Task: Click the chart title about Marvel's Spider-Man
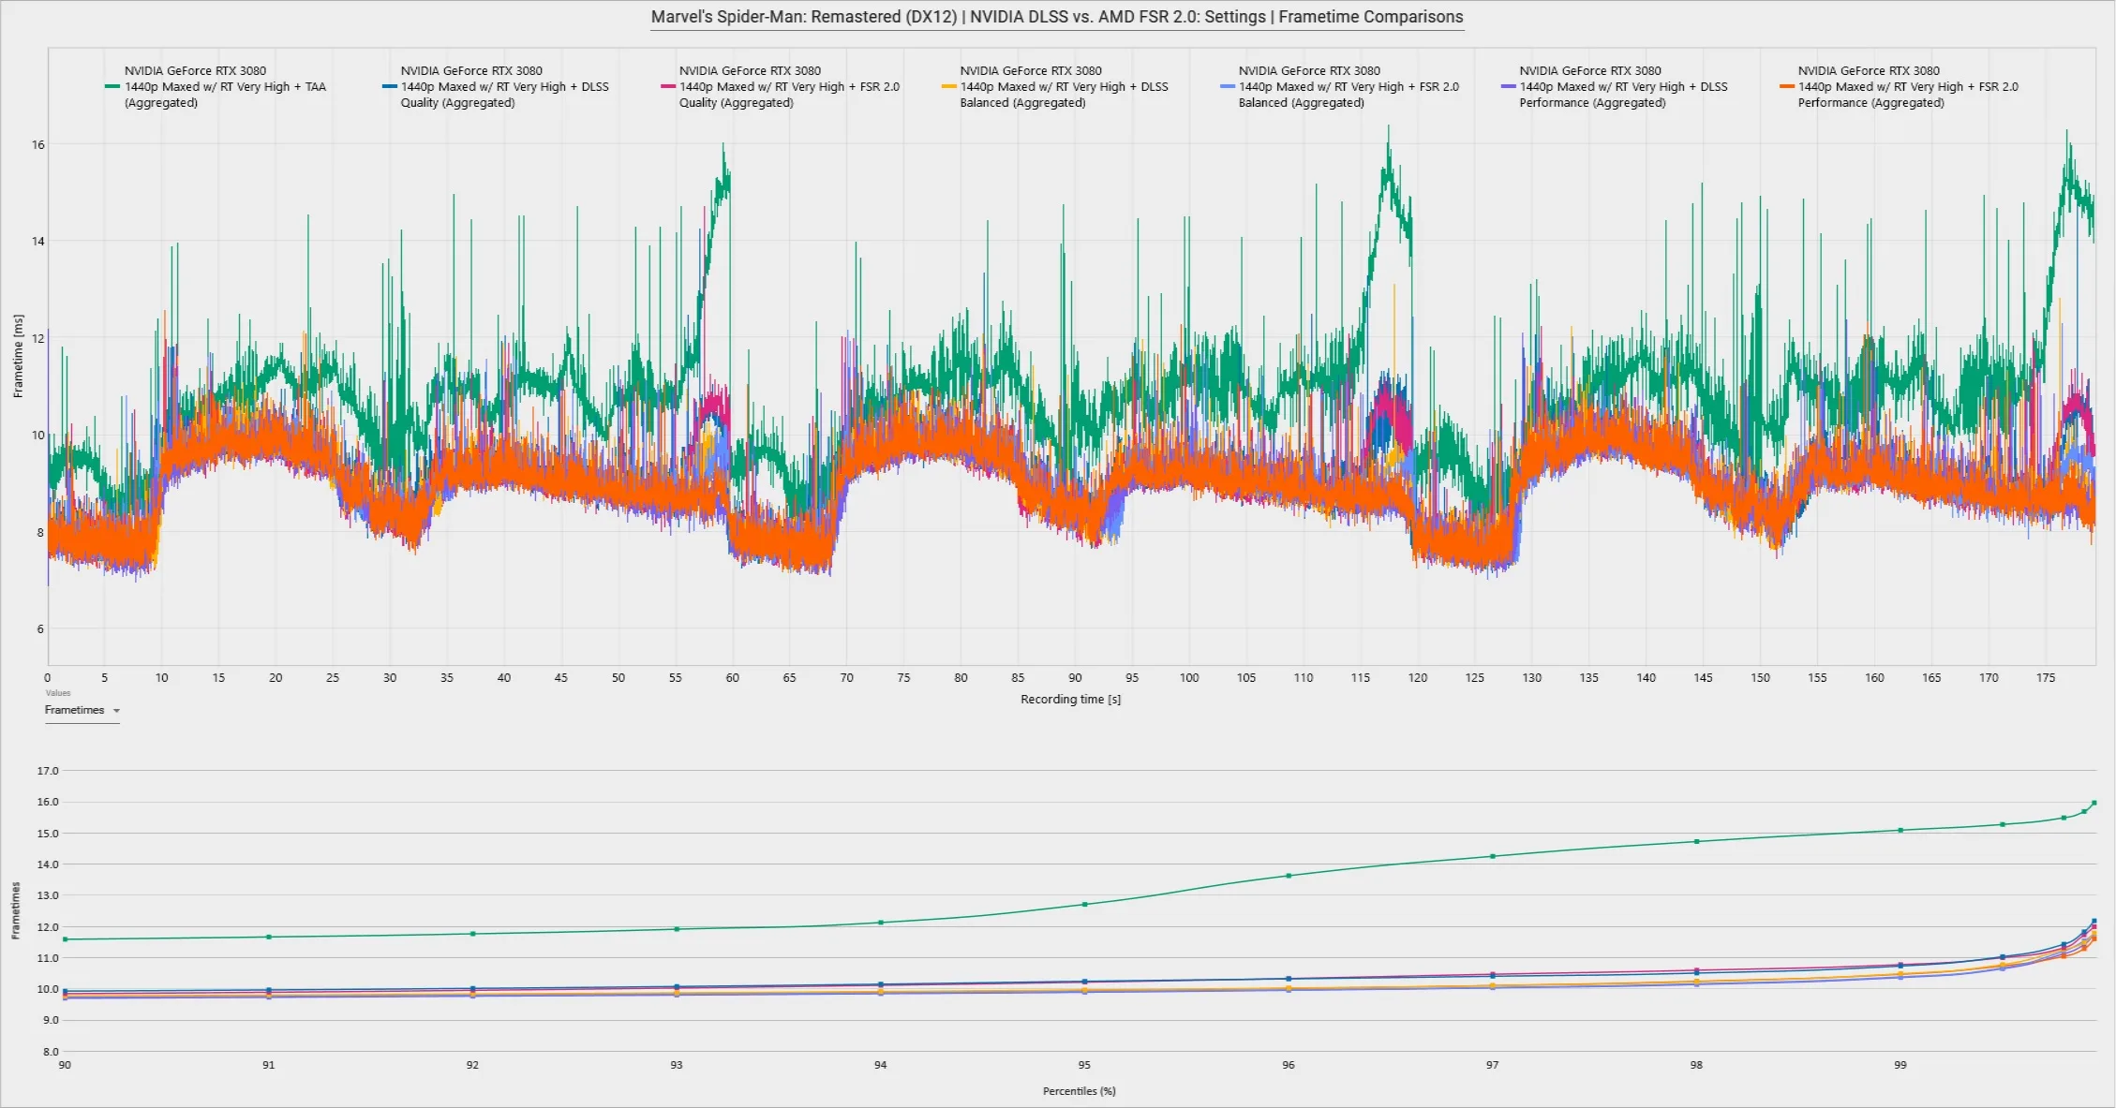pyautogui.click(x=1057, y=17)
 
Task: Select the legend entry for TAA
pyautogui.click(x=216, y=86)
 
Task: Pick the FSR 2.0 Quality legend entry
pyautogui.click(x=780, y=86)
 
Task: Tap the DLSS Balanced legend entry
pyautogui.click(x=1055, y=86)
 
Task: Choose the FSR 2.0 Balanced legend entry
pyautogui.click(x=1340, y=86)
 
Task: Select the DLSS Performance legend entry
pyautogui.click(x=1614, y=86)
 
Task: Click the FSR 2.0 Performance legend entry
pyautogui.click(x=1899, y=86)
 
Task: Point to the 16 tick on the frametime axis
pyautogui.click(x=38, y=144)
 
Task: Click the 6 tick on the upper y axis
pyautogui.click(x=40, y=628)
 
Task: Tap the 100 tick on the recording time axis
pyautogui.click(x=1189, y=677)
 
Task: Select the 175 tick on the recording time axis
pyautogui.click(x=2046, y=677)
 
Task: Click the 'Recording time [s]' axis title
pyautogui.click(x=1070, y=699)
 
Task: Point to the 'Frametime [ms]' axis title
pyautogui.click(x=18, y=356)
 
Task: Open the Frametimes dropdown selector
pyautogui.click(x=82, y=710)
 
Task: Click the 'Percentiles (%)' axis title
pyautogui.click(x=1079, y=1091)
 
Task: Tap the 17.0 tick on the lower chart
pyautogui.click(x=48, y=771)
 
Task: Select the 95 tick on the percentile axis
pyautogui.click(x=1084, y=1065)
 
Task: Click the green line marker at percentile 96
pyautogui.click(x=1289, y=876)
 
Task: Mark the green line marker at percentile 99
pyautogui.click(x=1900, y=830)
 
